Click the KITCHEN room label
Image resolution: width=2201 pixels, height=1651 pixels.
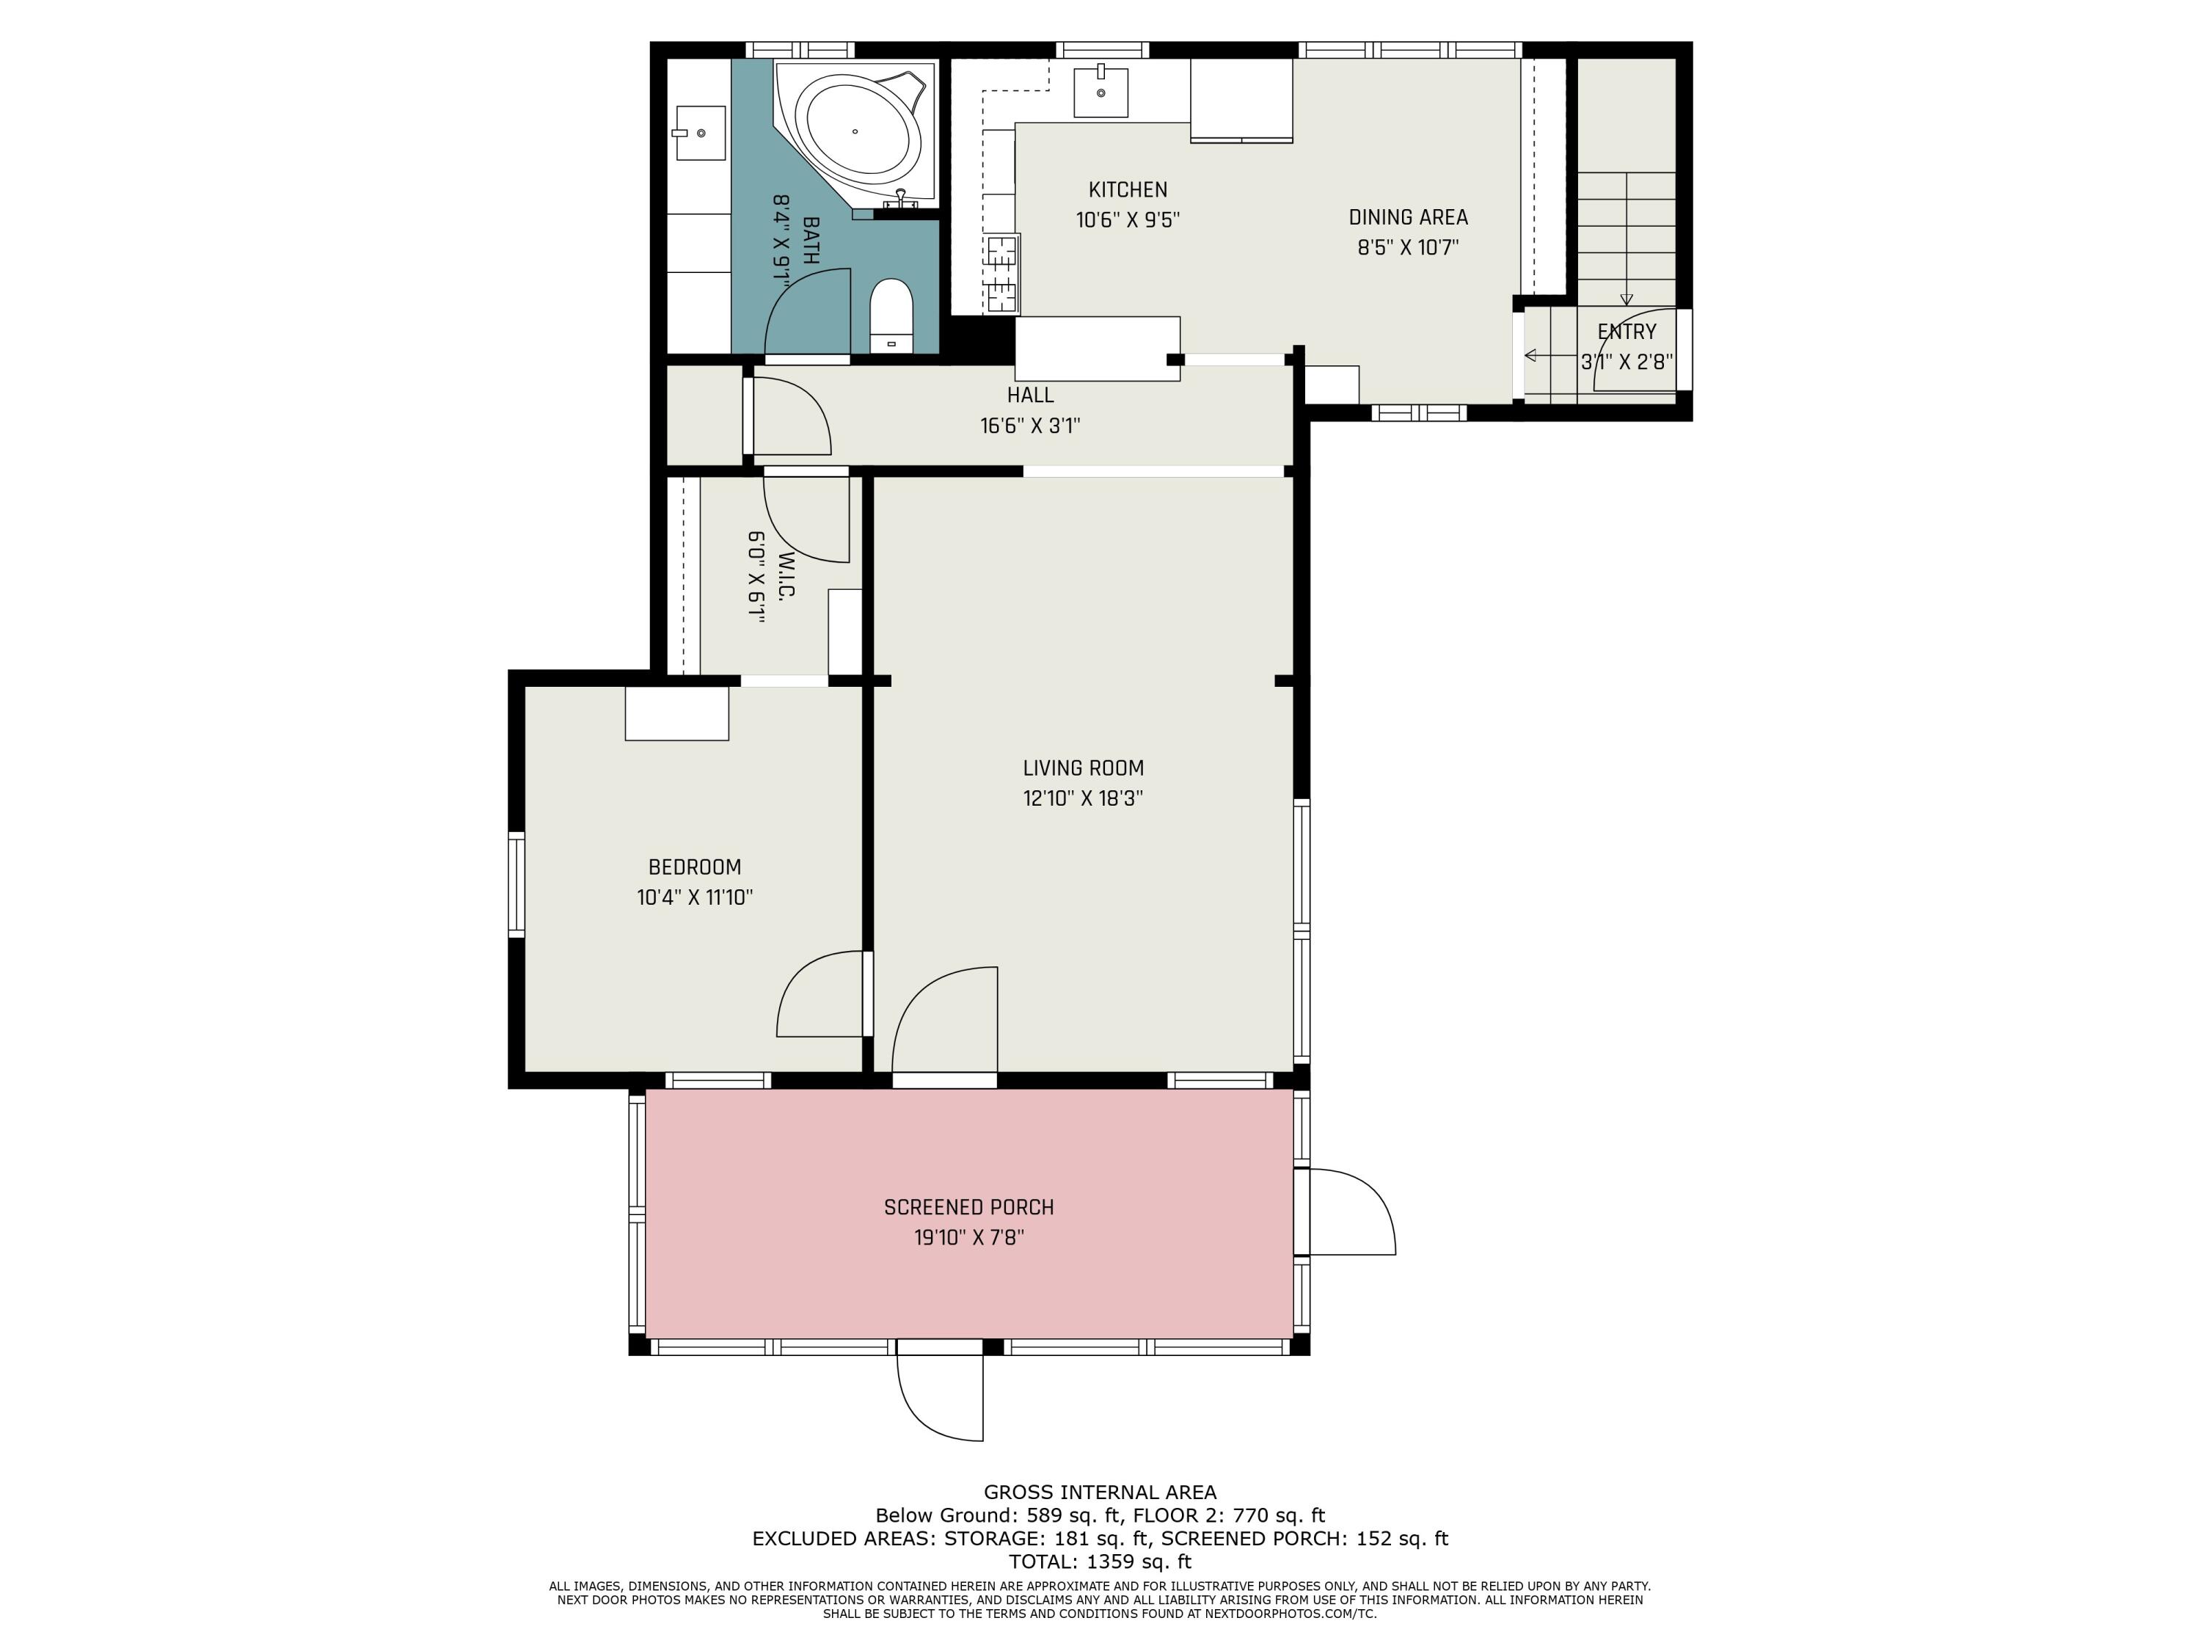[1128, 190]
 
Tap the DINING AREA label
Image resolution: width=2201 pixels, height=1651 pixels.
[1408, 217]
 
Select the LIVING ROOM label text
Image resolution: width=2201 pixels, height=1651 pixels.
[1084, 768]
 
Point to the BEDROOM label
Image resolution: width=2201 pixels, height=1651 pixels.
[695, 867]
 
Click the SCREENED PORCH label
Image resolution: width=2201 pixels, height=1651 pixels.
[969, 1207]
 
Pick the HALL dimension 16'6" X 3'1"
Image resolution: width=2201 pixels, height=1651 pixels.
[1030, 426]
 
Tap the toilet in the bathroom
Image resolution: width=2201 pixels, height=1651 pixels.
[891, 316]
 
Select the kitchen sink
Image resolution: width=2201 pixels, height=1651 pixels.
[1101, 92]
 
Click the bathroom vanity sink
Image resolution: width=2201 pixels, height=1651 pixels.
[699, 132]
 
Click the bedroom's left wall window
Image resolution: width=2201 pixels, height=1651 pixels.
[517, 883]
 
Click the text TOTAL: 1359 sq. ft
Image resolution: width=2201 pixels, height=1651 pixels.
[1100, 1561]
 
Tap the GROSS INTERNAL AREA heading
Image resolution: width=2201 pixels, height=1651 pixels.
[1100, 1492]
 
